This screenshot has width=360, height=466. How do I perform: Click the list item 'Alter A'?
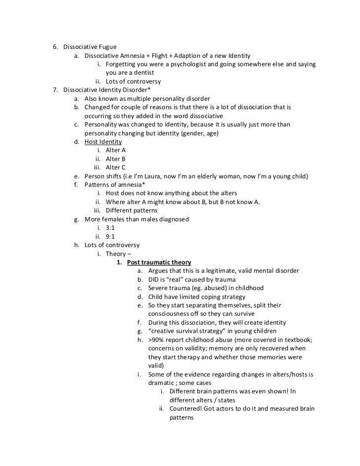[116, 150]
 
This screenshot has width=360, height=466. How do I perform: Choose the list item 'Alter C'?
[116, 168]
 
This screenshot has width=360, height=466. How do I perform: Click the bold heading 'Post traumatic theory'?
[159, 262]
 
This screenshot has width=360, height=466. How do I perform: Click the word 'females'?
[116, 219]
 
